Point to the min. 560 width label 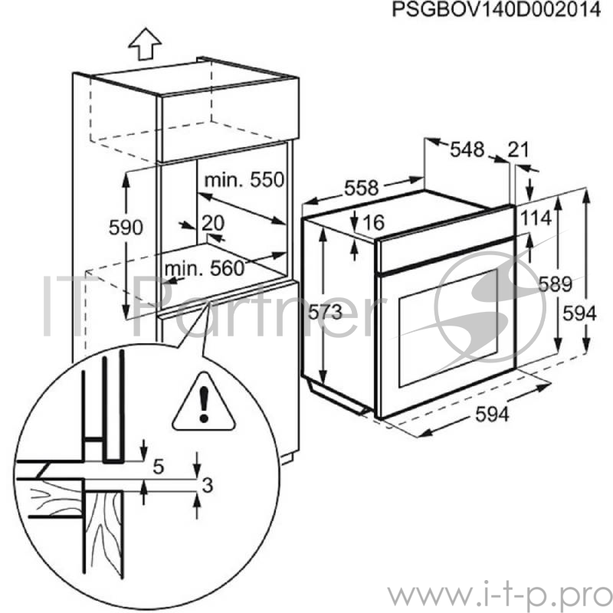[x=203, y=268]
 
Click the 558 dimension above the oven [x=361, y=187]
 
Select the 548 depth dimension [x=467, y=150]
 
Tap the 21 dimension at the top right [x=519, y=150]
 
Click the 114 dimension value [x=536, y=218]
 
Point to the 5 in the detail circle [x=159, y=464]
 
